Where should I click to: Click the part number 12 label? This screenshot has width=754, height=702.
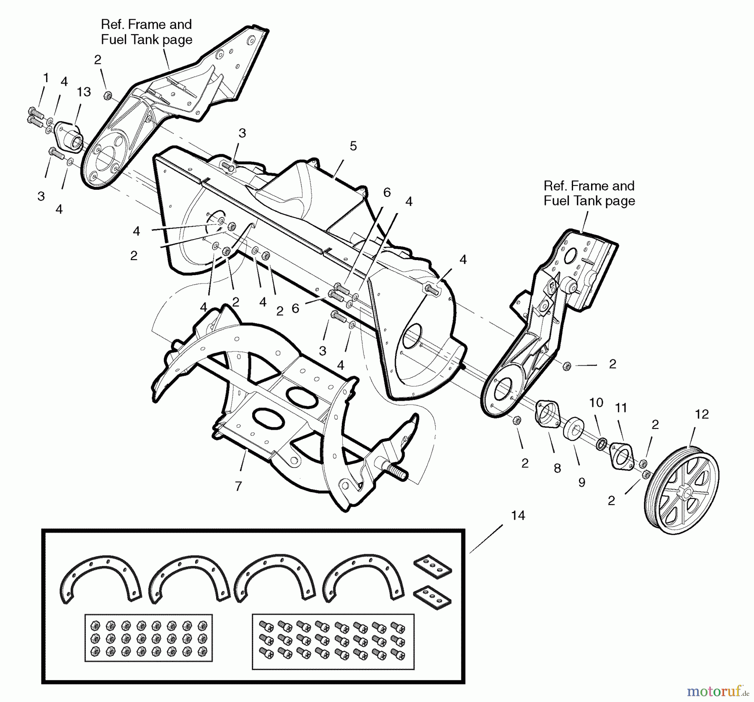pyautogui.click(x=702, y=414)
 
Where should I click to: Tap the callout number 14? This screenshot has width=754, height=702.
pyautogui.click(x=518, y=515)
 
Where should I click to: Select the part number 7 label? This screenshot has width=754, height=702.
pyautogui.click(x=238, y=486)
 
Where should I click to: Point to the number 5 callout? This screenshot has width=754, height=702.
pyautogui.click(x=353, y=146)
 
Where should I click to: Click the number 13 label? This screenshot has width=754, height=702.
pyautogui.click(x=84, y=92)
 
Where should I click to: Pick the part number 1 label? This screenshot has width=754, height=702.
pyautogui.click(x=46, y=78)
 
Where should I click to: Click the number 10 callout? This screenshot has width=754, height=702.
pyautogui.click(x=596, y=403)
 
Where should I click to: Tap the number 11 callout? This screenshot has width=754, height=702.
pyautogui.click(x=621, y=408)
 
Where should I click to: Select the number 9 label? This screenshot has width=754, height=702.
pyautogui.click(x=581, y=483)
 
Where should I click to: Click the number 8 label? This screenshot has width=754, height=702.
pyautogui.click(x=557, y=468)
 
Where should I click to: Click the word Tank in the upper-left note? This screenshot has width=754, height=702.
pyautogui.click(x=145, y=40)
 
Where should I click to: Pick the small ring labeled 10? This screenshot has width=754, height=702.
pyautogui.click(x=601, y=443)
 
